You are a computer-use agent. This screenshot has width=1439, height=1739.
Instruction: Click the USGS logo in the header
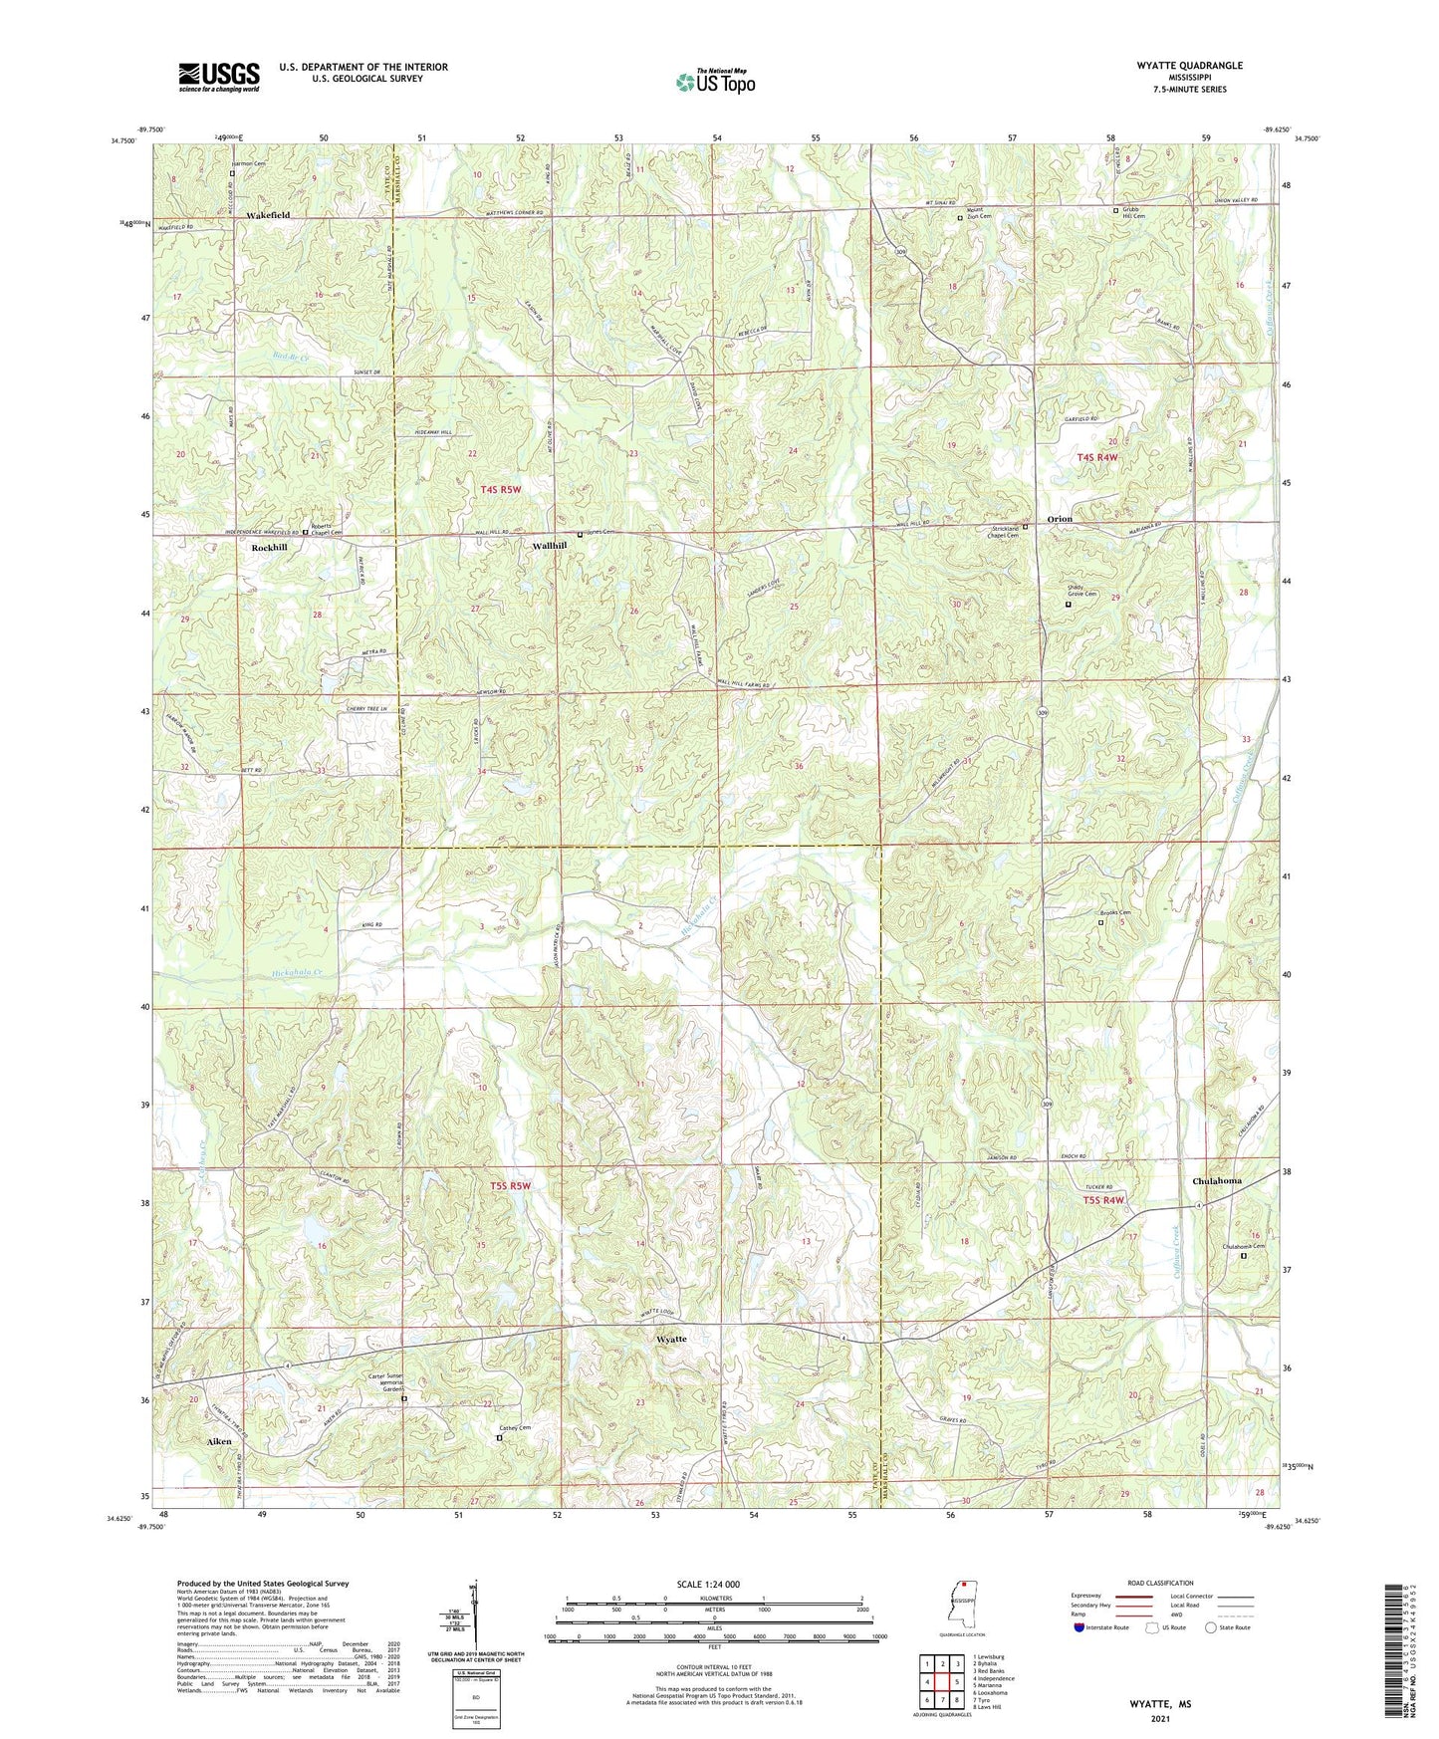click(x=219, y=77)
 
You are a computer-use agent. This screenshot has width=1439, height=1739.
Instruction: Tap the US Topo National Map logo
click(x=715, y=82)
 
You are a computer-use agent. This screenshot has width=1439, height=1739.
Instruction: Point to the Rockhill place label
click(x=269, y=548)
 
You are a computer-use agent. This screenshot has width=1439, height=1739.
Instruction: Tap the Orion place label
click(x=1060, y=519)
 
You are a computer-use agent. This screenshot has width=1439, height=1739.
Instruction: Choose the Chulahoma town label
click(x=1216, y=1181)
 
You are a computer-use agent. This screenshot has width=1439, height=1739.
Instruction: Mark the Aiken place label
click(x=218, y=1441)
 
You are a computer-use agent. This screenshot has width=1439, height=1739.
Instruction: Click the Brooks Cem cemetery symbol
click(x=1100, y=922)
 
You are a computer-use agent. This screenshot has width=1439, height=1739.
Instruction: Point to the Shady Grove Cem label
click(x=1081, y=591)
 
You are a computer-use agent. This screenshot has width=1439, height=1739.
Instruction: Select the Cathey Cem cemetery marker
click(x=500, y=1437)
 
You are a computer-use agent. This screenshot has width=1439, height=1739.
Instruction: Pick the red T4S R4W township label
click(x=1097, y=457)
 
